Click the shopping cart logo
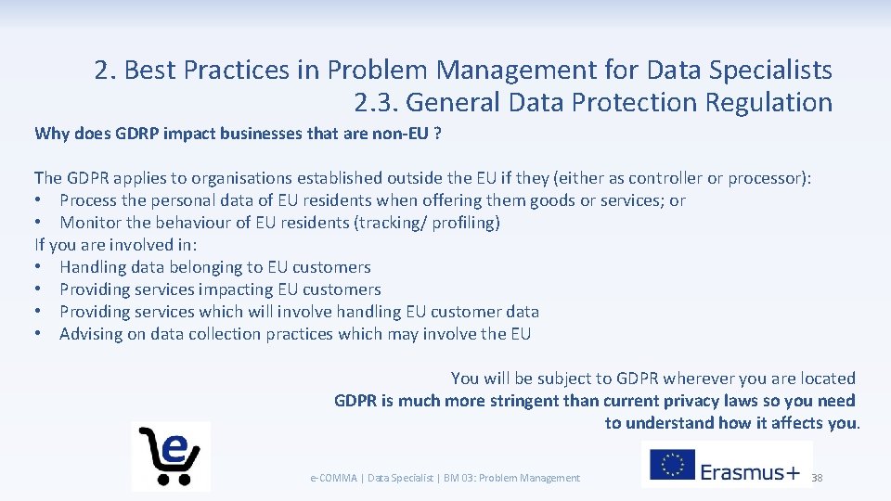[x=170, y=455]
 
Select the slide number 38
[x=817, y=478]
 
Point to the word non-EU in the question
[x=400, y=134]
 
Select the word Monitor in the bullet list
[x=91, y=223]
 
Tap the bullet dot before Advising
[x=40, y=334]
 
